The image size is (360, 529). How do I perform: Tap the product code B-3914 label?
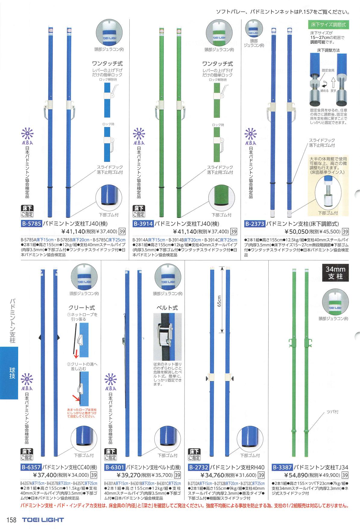click(x=143, y=224)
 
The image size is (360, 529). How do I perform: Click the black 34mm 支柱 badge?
click(x=335, y=272)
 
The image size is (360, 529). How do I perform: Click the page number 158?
click(x=11, y=520)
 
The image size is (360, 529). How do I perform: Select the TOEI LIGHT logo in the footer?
click(x=43, y=520)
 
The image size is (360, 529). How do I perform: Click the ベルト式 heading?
click(x=167, y=308)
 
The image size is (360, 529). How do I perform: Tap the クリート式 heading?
click(x=81, y=308)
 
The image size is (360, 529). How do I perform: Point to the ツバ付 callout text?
click(x=332, y=412)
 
